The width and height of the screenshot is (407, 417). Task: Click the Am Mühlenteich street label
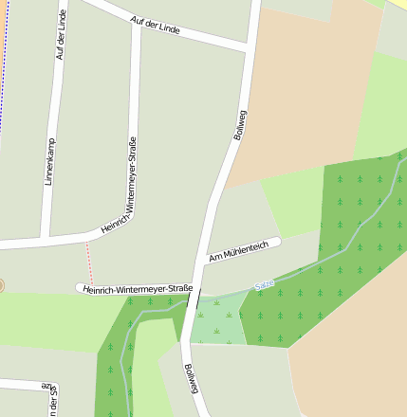[x=239, y=250]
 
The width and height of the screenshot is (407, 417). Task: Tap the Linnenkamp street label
[x=50, y=161]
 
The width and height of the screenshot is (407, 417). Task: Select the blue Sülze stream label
[x=265, y=282]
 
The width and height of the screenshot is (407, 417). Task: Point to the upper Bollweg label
[x=240, y=125]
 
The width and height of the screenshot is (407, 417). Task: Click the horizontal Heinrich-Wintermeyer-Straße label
[x=138, y=288]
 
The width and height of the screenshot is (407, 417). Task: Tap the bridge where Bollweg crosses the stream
[x=193, y=300]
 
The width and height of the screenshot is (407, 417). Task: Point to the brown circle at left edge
[x=1, y=284]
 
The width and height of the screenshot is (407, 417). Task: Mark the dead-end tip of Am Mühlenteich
[x=278, y=242]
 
